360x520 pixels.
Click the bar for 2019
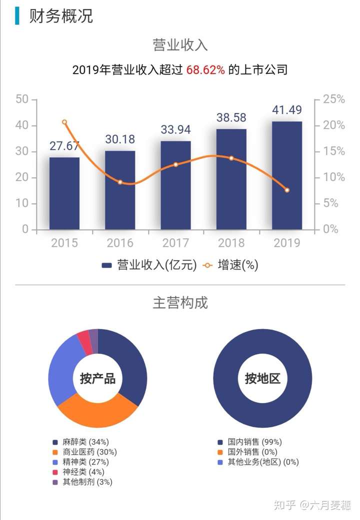[x=287, y=175]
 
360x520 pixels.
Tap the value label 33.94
[x=175, y=129]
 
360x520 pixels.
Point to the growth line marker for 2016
[x=120, y=182]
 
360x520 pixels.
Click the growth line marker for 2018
[x=231, y=158]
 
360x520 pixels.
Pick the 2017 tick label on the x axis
[x=175, y=243]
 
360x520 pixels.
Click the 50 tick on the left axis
[x=22, y=99]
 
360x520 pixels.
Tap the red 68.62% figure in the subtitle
[x=205, y=70]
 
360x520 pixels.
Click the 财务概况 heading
[x=61, y=16]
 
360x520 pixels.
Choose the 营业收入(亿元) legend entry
[x=149, y=265]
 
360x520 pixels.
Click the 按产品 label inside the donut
[x=97, y=378]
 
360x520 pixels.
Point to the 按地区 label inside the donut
[x=262, y=378]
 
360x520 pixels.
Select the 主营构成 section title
[x=180, y=302]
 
